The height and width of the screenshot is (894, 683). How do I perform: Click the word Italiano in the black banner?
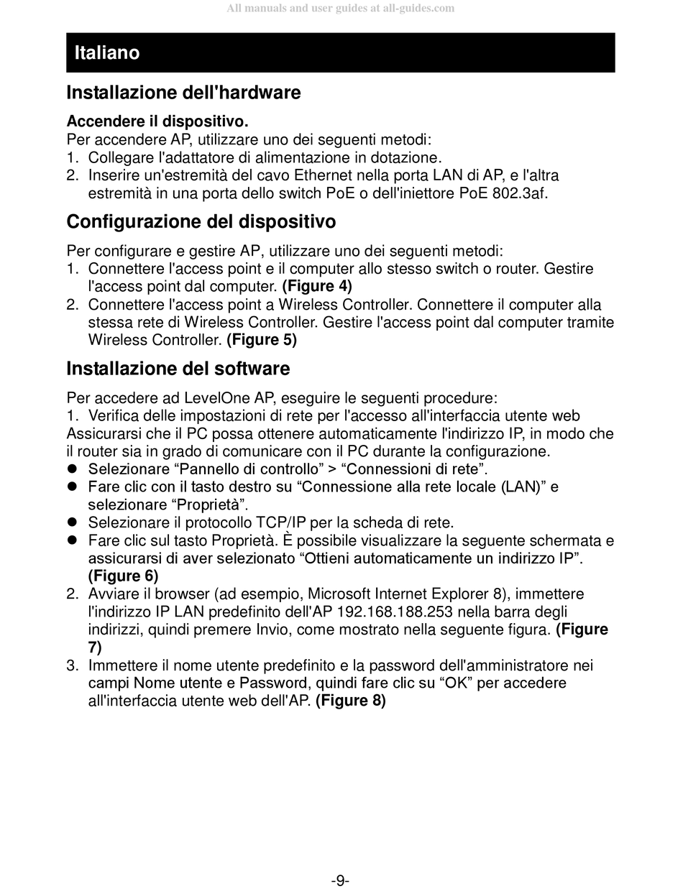(106, 52)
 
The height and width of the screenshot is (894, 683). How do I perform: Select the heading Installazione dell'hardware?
(183, 93)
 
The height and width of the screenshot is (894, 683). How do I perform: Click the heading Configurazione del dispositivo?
(201, 221)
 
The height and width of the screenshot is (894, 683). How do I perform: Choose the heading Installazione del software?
(178, 369)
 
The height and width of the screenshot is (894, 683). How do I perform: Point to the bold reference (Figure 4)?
(317, 286)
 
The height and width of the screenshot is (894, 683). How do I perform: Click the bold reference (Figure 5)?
(262, 339)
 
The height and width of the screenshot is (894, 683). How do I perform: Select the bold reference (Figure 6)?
(123, 576)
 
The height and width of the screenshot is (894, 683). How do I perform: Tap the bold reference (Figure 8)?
(350, 701)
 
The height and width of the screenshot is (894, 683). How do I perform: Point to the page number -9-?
(340, 880)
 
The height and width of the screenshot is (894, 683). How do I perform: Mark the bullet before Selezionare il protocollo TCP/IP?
(72, 522)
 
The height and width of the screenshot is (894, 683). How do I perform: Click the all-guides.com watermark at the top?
(340, 9)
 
